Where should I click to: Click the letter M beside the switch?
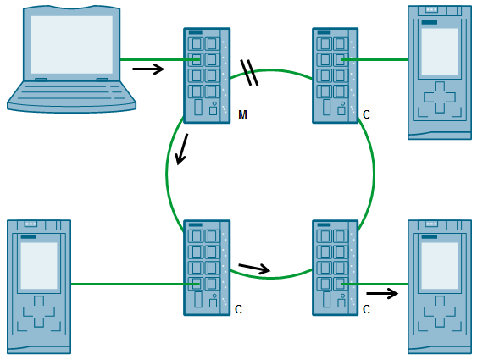tap(242, 114)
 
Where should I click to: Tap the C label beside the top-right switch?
tap(366, 114)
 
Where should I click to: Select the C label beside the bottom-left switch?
tap(238, 309)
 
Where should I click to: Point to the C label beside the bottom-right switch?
tap(366, 309)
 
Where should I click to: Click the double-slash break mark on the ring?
tap(249, 73)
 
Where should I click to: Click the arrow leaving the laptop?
tap(148, 69)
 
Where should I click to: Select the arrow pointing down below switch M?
tap(181, 149)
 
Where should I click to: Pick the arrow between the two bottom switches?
tap(254, 269)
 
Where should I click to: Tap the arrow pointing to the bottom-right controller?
tap(382, 293)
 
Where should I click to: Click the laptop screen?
tap(71, 45)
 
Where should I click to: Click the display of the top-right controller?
tap(440, 51)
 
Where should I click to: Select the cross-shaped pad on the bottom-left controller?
tap(39, 312)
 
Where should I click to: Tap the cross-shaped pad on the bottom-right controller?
tap(440, 312)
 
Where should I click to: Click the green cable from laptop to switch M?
tap(160, 60)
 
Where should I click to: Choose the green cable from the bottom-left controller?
tap(136, 285)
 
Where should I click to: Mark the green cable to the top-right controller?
tap(375, 60)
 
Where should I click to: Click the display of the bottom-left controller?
tap(39, 266)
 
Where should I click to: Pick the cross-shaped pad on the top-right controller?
tap(440, 97)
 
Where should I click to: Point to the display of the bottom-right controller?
tap(440, 266)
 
